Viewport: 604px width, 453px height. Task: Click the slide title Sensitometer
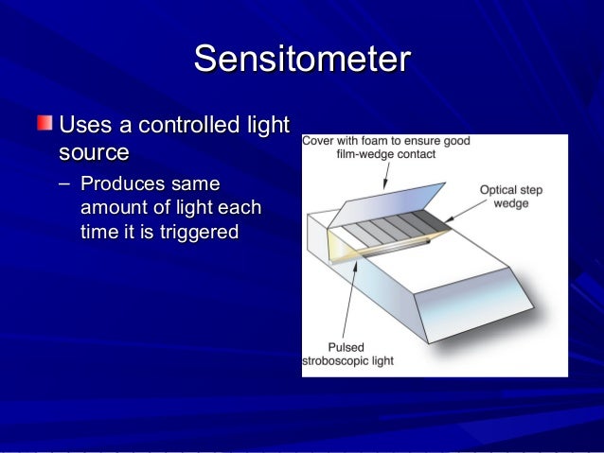(x=301, y=59)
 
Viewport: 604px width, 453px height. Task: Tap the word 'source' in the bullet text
(x=93, y=151)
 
